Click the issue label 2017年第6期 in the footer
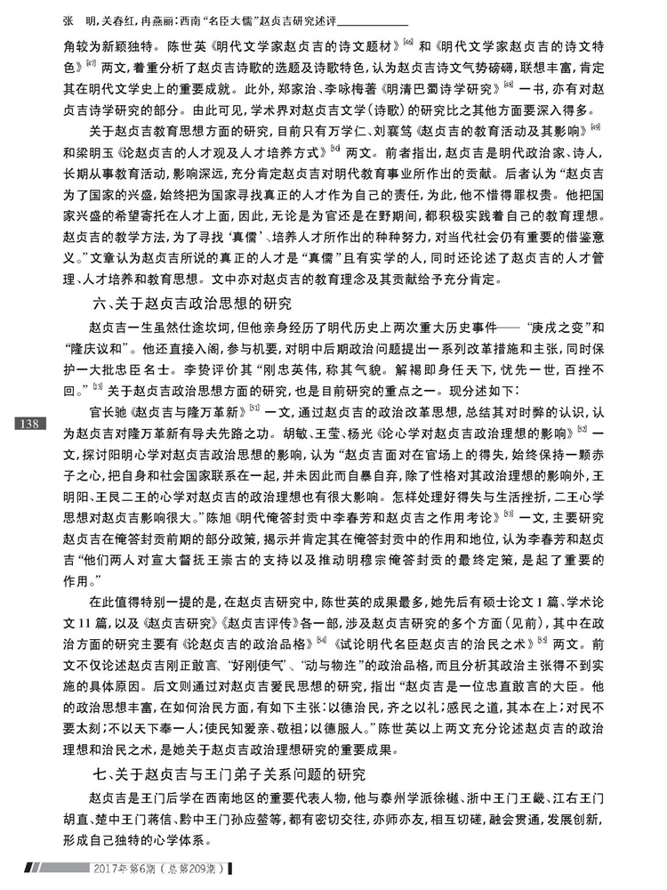pos(132,869)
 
